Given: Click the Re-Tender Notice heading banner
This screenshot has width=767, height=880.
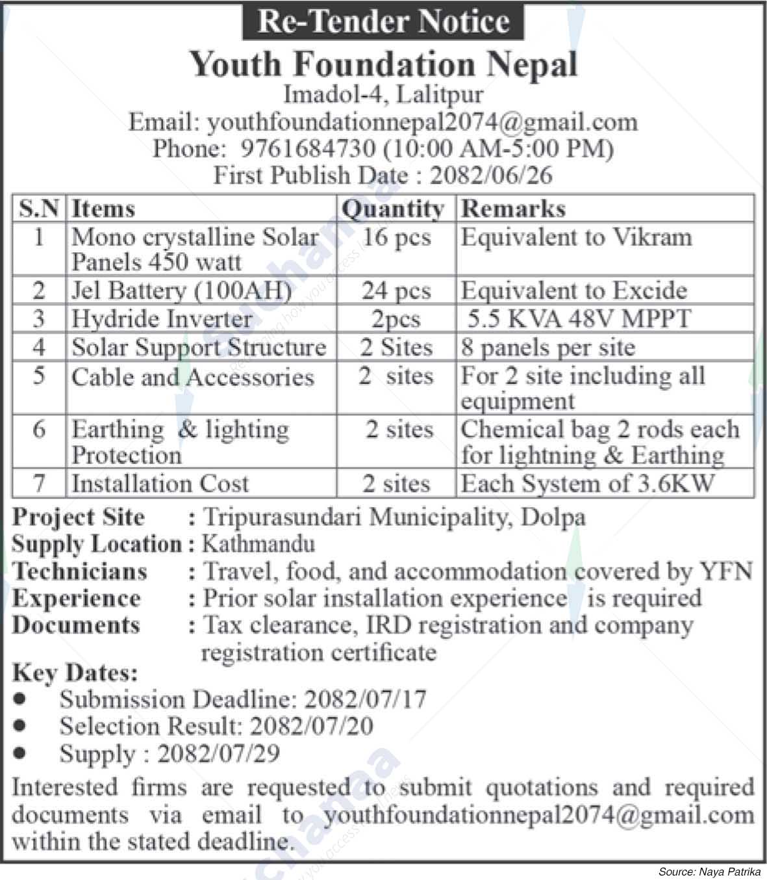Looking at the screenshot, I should [383, 21].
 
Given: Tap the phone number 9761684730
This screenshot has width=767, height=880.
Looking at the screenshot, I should [308, 149].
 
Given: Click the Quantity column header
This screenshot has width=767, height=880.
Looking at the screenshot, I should [394, 209].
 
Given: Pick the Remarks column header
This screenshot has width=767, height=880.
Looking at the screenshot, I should [513, 209].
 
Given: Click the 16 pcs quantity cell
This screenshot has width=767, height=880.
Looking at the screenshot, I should [396, 237].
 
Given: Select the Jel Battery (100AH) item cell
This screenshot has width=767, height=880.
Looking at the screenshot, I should [182, 291].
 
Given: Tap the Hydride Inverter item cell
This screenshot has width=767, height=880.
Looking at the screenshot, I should [162, 319].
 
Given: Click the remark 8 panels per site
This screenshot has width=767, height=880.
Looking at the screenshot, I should [547, 348].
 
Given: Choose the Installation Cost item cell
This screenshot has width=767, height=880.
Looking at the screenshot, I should [160, 484].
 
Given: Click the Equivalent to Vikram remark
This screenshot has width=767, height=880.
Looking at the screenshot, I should [576, 237].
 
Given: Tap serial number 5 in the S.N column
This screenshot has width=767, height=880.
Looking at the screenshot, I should [39, 376].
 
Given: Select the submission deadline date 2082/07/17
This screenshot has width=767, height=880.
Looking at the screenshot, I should [366, 699].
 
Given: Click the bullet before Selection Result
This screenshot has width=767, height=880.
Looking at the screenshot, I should [22, 725].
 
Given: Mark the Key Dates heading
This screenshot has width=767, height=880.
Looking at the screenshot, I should [75, 673].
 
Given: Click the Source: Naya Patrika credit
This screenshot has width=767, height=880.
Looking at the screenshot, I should [710, 872].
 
